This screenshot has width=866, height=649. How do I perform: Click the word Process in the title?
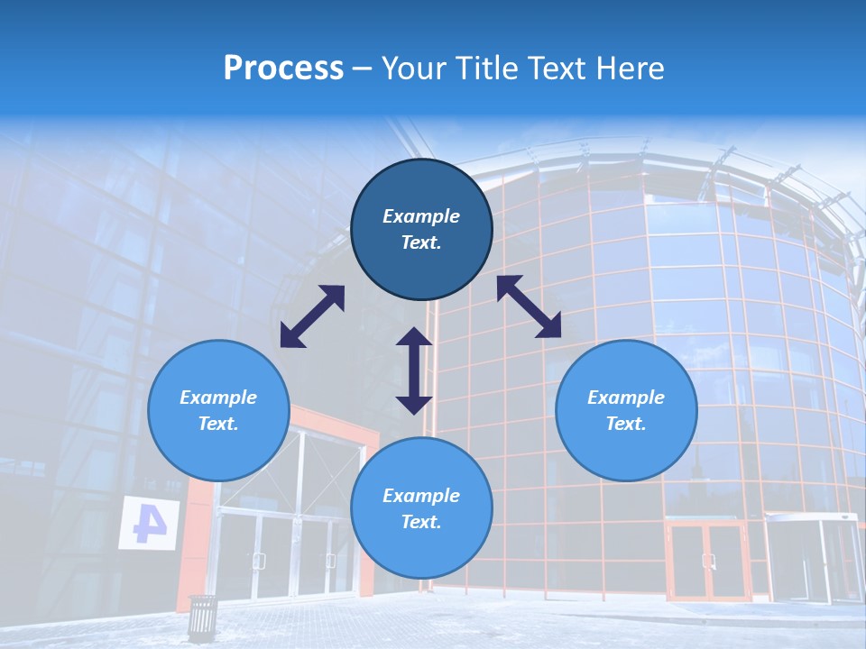pos(283,69)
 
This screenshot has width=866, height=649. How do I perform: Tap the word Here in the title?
pos(631,69)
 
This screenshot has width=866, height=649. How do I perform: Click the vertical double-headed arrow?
pos(414,370)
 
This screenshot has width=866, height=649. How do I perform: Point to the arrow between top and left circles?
pos(312,316)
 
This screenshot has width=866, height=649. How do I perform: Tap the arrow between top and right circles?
pos(529,306)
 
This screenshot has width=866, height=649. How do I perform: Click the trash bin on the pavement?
pos(202,617)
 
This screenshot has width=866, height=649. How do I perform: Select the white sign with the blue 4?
pos(149,522)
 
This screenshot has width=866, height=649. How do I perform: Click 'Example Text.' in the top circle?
pos(421,229)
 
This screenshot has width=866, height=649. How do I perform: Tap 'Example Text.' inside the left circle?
pos(218,410)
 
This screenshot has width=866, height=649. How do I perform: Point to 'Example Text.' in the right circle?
pos(626,410)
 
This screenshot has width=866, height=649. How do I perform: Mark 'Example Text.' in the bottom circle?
pos(421,508)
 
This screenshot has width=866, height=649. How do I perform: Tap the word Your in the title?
pos(411,69)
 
